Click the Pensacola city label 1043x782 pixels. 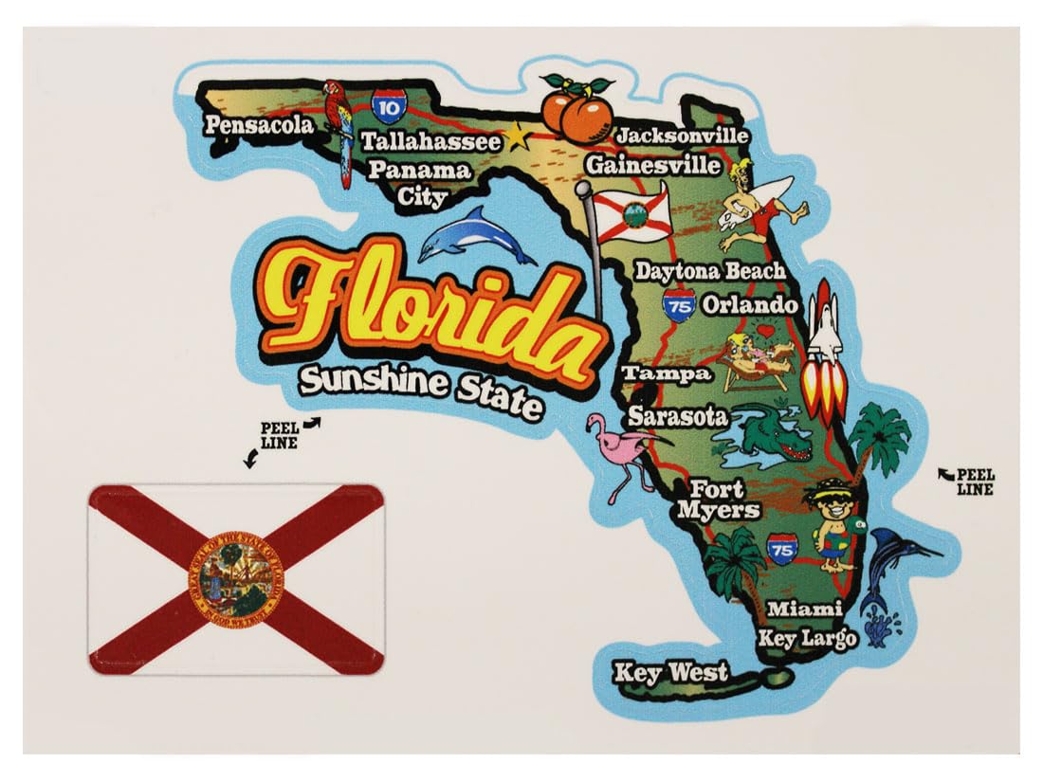258,124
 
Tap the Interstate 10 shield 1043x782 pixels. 387,106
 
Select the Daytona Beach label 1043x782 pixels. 710,271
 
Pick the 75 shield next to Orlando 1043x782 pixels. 679,305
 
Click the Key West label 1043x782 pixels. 671,673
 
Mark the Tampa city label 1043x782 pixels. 667,373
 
